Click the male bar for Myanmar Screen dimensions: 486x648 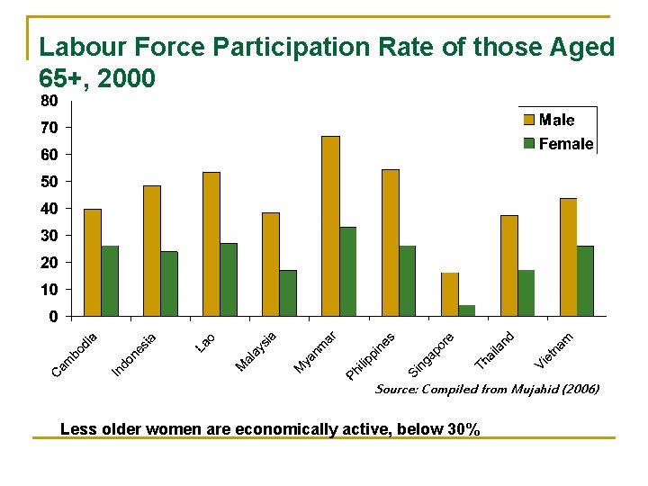click(330, 226)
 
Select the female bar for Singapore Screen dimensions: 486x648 click(466, 310)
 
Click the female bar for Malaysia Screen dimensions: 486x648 click(288, 293)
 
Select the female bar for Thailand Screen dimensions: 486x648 click(526, 293)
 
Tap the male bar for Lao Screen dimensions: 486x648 click(211, 244)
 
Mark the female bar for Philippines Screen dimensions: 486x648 click(407, 281)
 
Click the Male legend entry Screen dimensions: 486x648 click(555, 120)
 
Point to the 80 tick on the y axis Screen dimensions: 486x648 click(49, 100)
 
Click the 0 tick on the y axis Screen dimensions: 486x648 click(54, 317)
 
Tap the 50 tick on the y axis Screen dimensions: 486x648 click(49, 182)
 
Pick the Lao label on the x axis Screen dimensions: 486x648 click(205, 342)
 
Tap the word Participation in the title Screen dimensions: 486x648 click(313, 47)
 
